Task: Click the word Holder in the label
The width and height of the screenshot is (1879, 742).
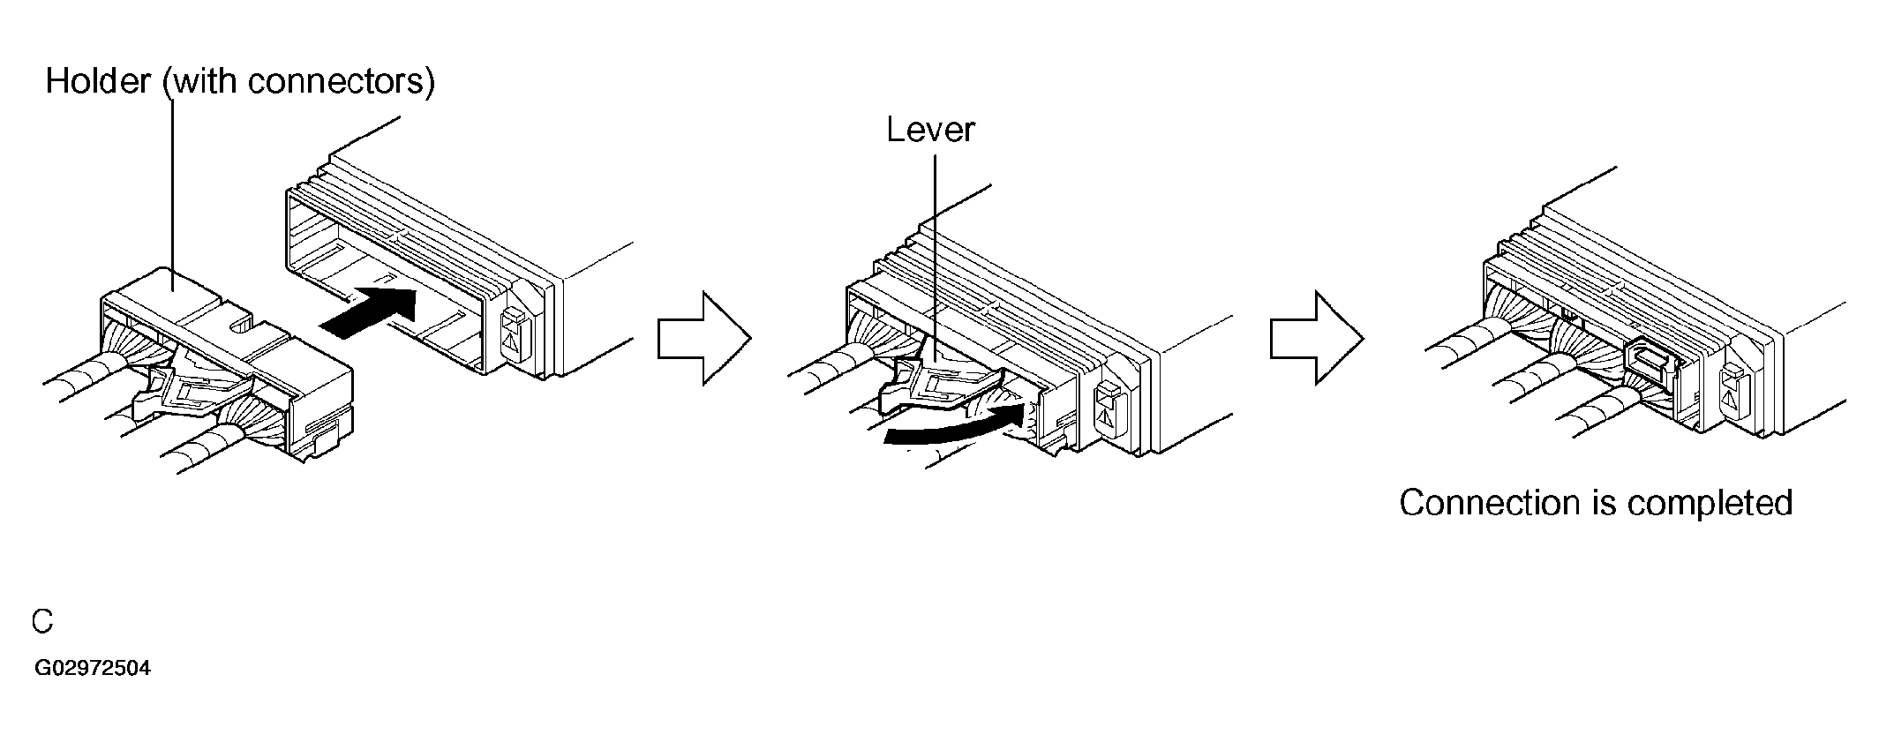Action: coord(99,81)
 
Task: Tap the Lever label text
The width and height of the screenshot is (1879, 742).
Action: coord(930,130)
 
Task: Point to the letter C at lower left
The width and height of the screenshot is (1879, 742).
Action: coord(42,621)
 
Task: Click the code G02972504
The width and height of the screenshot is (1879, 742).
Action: coord(93,668)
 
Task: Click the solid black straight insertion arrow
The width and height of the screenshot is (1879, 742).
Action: coord(366,311)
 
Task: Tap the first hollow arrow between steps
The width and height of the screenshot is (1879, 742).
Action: coord(703,338)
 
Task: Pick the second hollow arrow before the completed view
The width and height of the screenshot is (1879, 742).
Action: coord(1317,338)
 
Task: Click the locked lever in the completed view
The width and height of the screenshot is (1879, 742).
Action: coord(1647,362)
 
